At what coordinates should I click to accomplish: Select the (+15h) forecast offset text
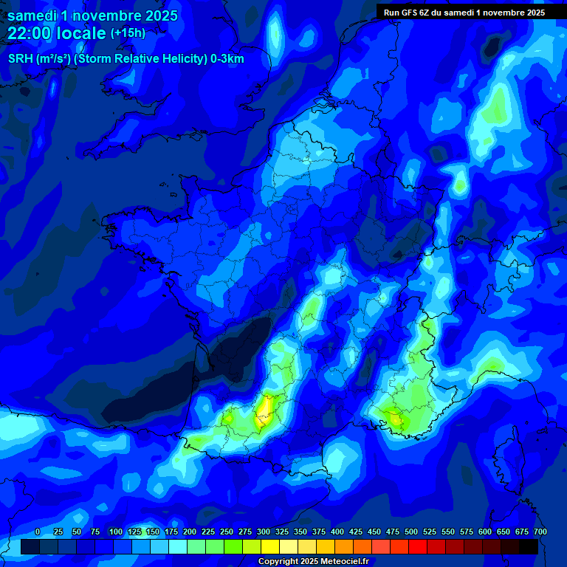(128, 33)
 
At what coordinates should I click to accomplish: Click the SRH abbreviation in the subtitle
(20, 58)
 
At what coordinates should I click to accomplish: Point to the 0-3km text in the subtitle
(227, 58)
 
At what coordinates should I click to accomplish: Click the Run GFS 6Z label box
(464, 12)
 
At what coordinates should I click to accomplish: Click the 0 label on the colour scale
(38, 532)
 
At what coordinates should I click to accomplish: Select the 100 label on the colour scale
(115, 532)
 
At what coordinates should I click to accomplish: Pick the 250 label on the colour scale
(227, 532)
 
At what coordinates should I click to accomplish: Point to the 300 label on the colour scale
(264, 532)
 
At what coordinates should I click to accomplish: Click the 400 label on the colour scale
(337, 532)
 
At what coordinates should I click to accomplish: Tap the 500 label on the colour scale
(411, 532)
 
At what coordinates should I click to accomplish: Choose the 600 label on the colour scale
(485, 532)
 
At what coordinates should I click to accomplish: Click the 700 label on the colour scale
(540, 532)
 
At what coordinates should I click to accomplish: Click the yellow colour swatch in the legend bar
(270, 547)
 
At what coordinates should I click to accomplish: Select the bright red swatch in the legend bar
(418, 547)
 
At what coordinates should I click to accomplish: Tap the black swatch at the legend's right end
(529, 547)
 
